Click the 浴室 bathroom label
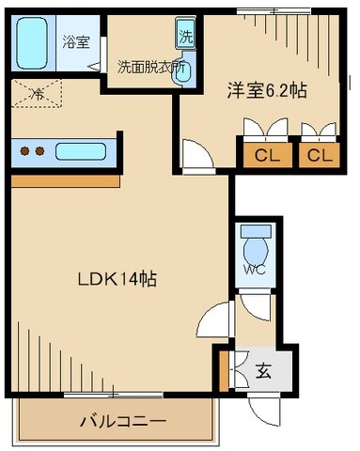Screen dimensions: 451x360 pos(75,41)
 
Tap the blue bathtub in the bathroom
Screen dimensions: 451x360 pos(34,43)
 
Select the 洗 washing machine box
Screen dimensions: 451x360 pos(185,38)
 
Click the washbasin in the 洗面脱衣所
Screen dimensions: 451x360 pos(182,73)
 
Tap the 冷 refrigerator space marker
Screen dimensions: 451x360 pos(36,93)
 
